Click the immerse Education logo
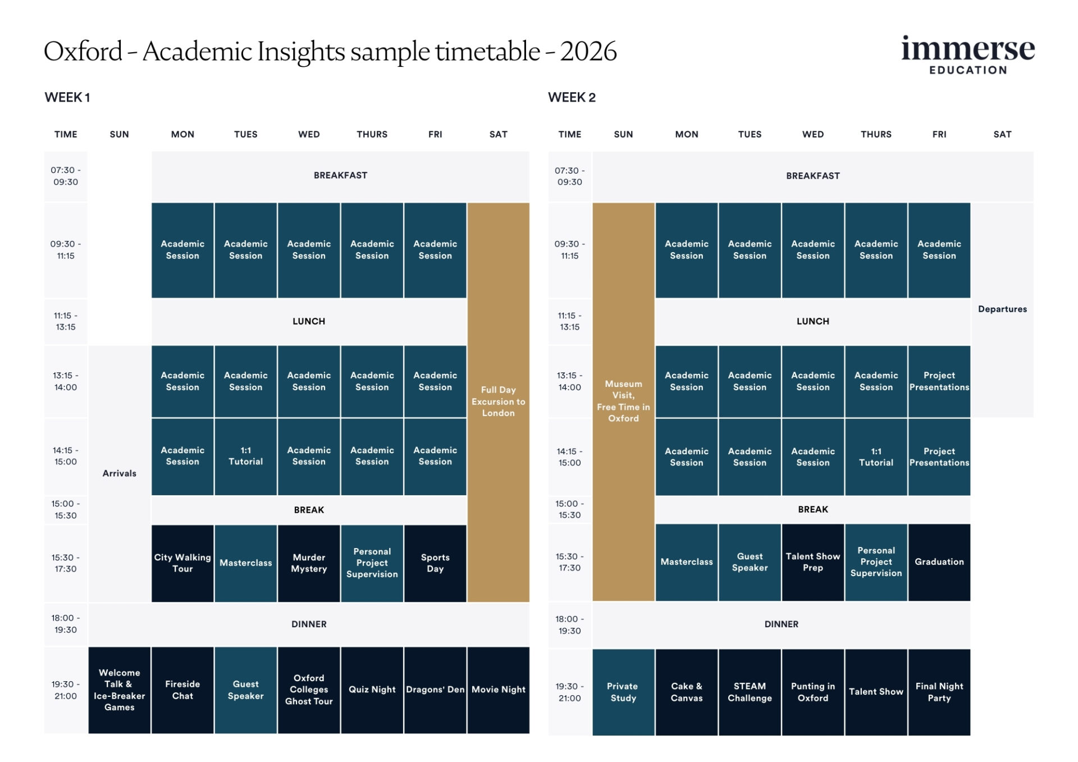coord(967,55)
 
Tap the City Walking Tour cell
coord(182,563)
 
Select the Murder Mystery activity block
coord(309,563)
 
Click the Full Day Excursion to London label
coord(498,401)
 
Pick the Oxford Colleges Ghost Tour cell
coord(309,690)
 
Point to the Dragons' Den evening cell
coord(435,690)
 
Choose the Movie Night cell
coord(498,690)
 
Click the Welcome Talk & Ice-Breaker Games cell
coord(119,690)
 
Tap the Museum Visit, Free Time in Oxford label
coord(623,401)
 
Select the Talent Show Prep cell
coord(812,562)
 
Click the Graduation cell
coord(939,562)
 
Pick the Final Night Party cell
coord(939,692)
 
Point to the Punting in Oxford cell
coord(812,692)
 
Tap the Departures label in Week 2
coord(1002,309)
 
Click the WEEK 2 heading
coord(572,97)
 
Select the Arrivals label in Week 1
coord(119,473)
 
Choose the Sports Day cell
coord(435,563)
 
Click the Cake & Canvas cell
coord(686,692)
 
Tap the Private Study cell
coord(623,692)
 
